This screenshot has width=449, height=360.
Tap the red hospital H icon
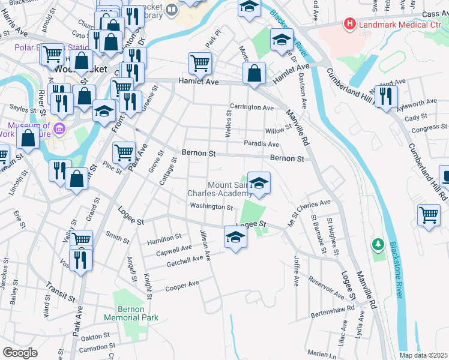pos(349,24)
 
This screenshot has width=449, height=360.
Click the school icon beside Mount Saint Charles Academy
pos(259,182)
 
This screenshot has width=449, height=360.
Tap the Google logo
pos(20,353)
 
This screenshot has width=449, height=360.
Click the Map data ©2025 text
pos(424,355)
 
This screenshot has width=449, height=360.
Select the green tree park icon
pos(378,244)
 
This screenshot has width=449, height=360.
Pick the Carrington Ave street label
pos(252,107)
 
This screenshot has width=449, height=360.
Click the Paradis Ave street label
pos(261,144)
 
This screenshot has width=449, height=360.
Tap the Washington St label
pos(211,207)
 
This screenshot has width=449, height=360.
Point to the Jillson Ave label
pos(205,245)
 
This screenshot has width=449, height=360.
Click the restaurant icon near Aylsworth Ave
pos(386,95)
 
